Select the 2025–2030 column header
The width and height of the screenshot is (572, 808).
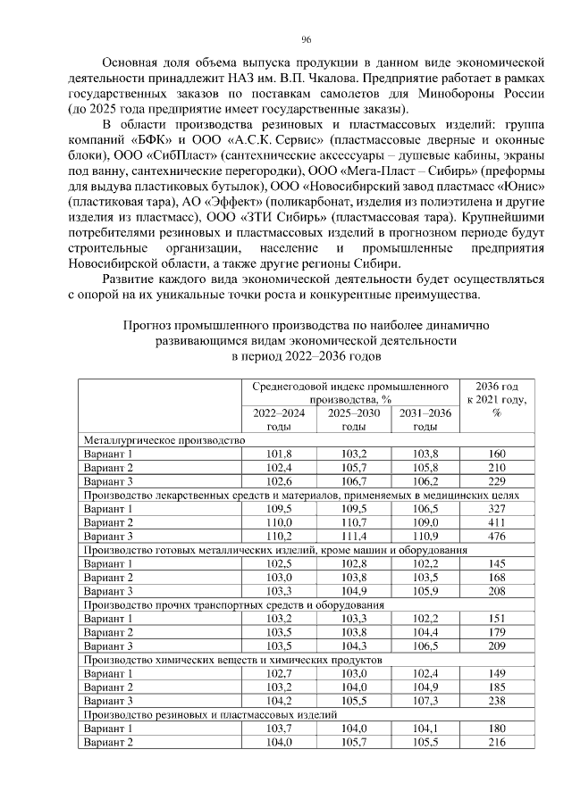353,420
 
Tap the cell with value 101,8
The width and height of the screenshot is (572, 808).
280,454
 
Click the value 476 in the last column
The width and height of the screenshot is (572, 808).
497,536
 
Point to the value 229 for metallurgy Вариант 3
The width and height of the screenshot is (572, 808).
497,481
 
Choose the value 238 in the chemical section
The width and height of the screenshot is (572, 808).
497,701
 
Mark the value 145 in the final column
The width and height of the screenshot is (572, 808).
497,563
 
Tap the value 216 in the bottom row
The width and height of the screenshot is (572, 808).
497,742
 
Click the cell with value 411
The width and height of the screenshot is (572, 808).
497,522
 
